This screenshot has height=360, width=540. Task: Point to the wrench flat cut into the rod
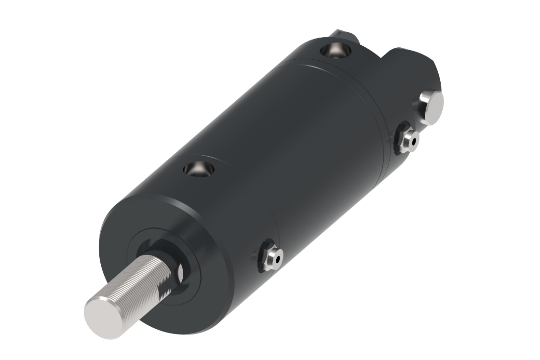tap(179, 272)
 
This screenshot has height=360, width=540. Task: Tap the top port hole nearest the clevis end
tap(334, 50)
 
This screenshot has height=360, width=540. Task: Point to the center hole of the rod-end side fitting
tap(278, 259)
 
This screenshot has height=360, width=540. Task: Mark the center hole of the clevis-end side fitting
tap(413, 140)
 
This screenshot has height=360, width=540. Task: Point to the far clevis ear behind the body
tap(343, 37)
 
